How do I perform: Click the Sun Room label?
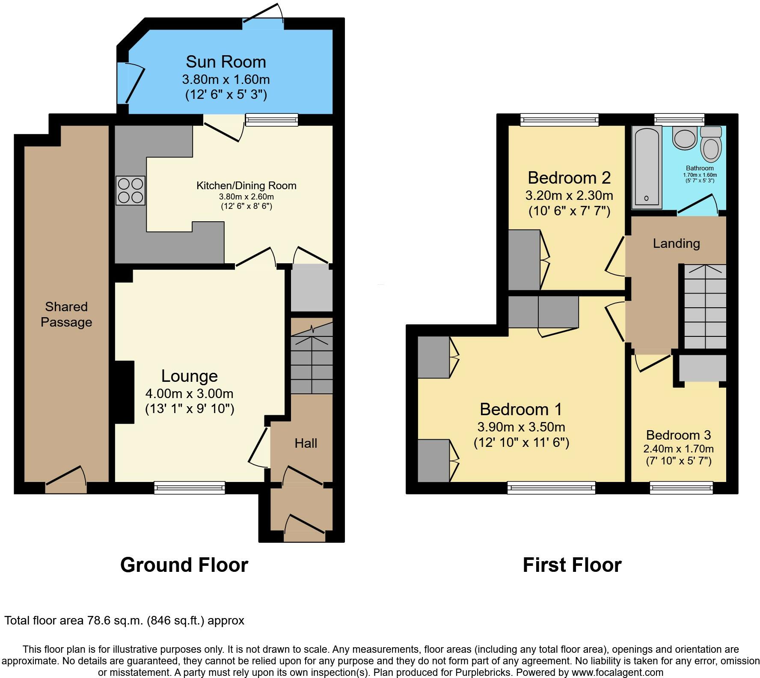click(226, 62)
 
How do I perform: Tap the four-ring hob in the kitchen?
click(131, 191)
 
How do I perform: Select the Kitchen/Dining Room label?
click(246, 186)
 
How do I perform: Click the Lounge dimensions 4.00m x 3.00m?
click(190, 393)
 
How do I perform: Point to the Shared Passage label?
click(66, 314)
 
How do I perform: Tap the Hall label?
click(306, 443)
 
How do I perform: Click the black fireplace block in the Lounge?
click(124, 393)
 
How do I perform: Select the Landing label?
click(676, 244)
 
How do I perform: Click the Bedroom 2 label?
click(569, 178)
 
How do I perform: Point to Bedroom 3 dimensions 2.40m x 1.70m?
click(678, 449)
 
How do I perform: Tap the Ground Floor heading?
click(184, 565)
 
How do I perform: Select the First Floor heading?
click(572, 565)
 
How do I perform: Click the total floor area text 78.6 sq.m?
click(124, 621)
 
